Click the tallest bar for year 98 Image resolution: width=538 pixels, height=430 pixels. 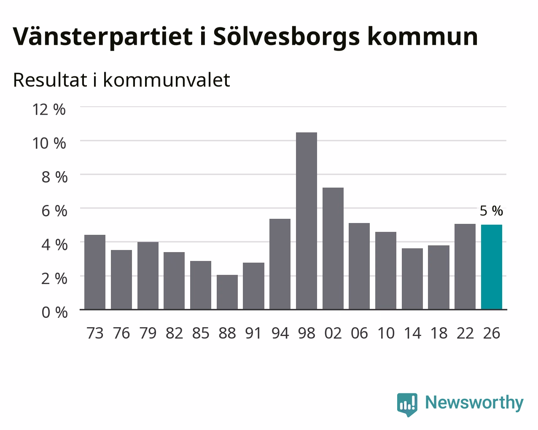tap(306, 221)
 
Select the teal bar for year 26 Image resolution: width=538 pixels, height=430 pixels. tap(492, 267)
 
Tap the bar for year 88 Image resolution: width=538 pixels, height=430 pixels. tap(227, 292)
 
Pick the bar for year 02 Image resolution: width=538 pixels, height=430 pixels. tap(333, 248)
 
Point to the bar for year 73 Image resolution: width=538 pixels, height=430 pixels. tap(95, 272)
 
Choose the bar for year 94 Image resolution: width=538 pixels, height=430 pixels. tap(280, 264)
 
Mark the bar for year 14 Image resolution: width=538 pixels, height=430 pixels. tap(412, 279)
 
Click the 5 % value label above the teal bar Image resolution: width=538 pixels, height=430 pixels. tap(491, 211)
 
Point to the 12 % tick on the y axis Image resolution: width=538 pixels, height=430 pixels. tap(49, 110)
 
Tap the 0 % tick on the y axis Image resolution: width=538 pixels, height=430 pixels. tap(54, 312)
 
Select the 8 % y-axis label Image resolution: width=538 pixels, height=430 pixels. tap(54, 177)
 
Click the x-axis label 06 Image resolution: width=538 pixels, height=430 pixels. tap(359, 333)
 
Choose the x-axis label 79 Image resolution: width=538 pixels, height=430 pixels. tap(148, 333)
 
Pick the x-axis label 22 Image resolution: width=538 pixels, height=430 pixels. tap(465, 333)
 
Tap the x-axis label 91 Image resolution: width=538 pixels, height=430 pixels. tap(253, 333)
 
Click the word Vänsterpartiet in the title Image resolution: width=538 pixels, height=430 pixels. tap(103, 37)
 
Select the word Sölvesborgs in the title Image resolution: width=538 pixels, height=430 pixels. tap(286, 37)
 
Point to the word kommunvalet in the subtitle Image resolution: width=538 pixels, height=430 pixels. tap(167, 80)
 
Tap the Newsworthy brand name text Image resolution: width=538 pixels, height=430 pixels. tap(474, 403)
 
